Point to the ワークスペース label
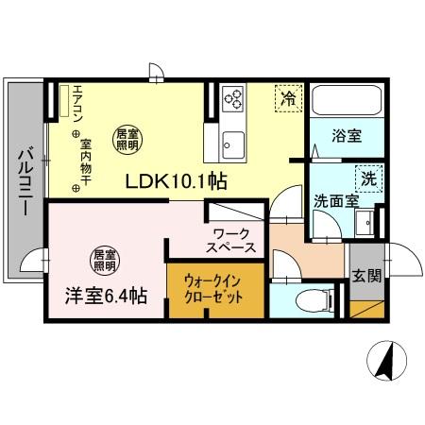click(231, 239)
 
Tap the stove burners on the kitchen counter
click(233, 97)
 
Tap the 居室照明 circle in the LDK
click(127, 140)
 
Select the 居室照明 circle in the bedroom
click(104, 258)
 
